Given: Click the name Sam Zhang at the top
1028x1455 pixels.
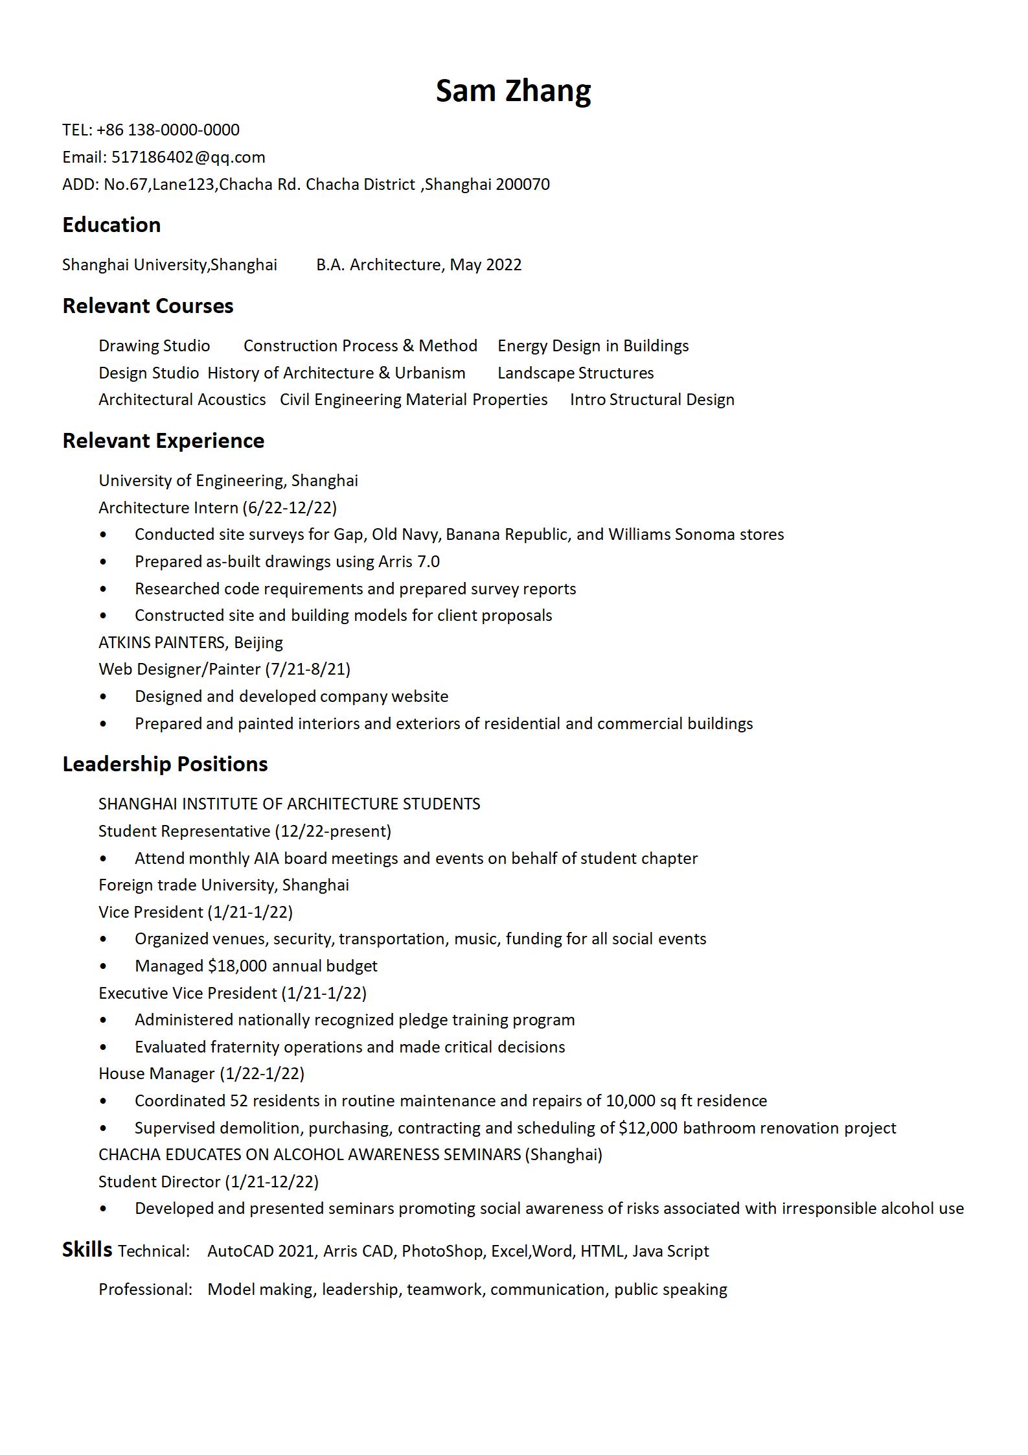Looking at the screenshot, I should pyautogui.click(x=513, y=91).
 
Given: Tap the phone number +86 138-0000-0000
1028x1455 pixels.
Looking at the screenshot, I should pyautogui.click(x=168, y=130).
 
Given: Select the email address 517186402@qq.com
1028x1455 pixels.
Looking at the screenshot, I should pyautogui.click(x=188, y=157).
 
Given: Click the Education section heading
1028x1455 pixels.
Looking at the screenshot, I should pyautogui.click(x=111, y=225).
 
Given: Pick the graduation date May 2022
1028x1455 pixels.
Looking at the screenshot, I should pyautogui.click(x=485, y=265).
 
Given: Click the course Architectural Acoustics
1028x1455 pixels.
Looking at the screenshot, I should pyautogui.click(x=182, y=400).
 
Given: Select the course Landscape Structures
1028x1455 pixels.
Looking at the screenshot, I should pyautogui.click(x=575, y=373).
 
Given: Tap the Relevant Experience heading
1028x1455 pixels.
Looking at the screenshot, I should pyautogui.click(x=163, y=441).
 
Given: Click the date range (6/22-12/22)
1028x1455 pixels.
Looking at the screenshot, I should pyautogui.click(x=290, y=507).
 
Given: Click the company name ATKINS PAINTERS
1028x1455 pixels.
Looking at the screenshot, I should pyautogui.click(x=161, y=643).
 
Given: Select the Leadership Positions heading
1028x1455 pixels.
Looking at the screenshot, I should pyautogui.click(x=165, y=764).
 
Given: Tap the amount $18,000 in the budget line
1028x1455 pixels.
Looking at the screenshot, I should pyautogui.click(x=237, y=966).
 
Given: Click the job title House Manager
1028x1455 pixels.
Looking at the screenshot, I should pyautogui.click(x=156, y=1074).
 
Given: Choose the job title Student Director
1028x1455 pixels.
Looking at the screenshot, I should pyautogui.click(x=159, y=1182).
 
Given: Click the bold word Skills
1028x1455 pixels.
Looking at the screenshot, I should pyautogui.click(x=87, y=1250).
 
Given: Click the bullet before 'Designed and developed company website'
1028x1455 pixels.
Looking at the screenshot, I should pyautogui.click(x=103, y=697).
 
